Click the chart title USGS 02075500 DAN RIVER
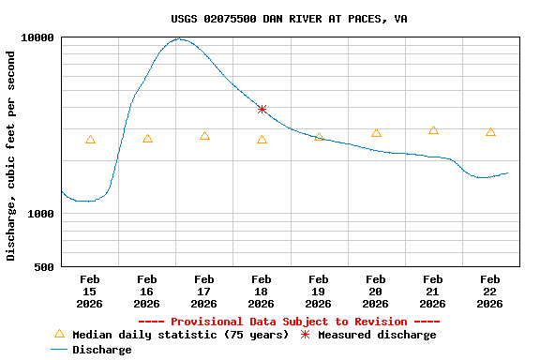tap(289, 19)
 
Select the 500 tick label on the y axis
tap(45, 267)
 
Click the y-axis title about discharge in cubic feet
tap(11, 156)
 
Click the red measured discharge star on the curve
tap(262, 110)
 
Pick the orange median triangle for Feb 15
tap(90, 140)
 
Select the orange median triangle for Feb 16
tap(147, 139)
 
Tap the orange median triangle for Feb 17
tap(204, 136)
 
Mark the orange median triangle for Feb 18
tap(262, 140)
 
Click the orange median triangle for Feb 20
tap(376, 133)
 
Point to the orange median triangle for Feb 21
tap(433, 130)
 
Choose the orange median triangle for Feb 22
tap(490, 132)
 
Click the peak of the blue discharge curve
tap(178, 39)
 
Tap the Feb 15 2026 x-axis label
tap(90, 291)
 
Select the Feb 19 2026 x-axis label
tap(319, 291)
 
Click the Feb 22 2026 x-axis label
tap(490, 291)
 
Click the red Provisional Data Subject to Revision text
tap(289, 322)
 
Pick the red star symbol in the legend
tap(305, 335)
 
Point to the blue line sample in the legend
tap(59, 350)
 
